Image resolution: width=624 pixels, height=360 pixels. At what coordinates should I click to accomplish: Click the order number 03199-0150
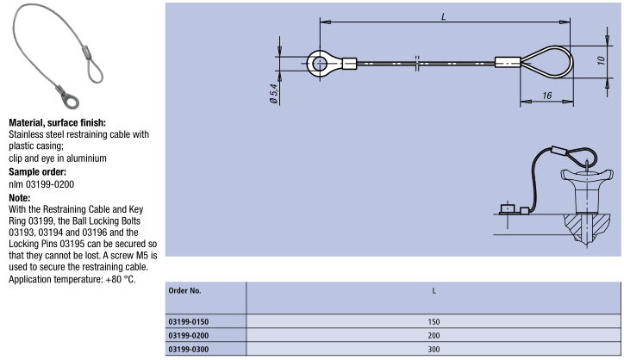click(188, 321)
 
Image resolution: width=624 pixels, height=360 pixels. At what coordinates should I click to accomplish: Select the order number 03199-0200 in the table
click(188, 335)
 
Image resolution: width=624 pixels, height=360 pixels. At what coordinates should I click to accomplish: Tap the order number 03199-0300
click(188, 350)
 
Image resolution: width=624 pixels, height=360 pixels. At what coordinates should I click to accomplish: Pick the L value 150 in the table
click(434, 321)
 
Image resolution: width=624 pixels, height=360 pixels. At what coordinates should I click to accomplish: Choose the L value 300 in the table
click(434, 350)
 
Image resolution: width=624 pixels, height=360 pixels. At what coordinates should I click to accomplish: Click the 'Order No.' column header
click(184, 291)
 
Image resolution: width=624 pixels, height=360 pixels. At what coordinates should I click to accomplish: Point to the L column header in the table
click(434, 291)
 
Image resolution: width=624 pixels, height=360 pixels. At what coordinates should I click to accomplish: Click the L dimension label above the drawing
click(443, 16)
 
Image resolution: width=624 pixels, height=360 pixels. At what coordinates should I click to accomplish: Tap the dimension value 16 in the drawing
click(546, 96)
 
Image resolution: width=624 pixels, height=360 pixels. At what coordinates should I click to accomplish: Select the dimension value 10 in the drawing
click(601, 60)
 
